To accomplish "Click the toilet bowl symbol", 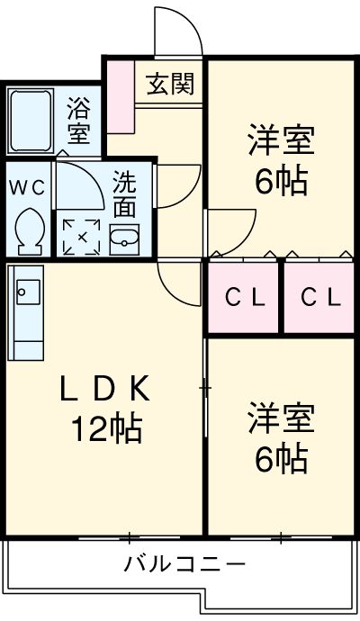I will click(29, 230).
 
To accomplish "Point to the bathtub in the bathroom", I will click(32, 121).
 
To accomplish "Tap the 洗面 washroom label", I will click(124, 195).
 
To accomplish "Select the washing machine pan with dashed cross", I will click(82, 236).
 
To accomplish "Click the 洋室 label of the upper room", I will click(281, 144).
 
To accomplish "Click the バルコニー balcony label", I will click(184, 565).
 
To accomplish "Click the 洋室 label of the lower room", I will click(281, 421).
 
